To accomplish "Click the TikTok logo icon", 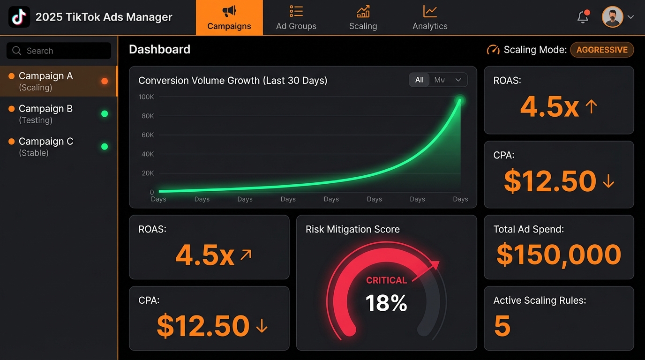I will point(19,17).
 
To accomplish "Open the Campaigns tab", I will point(229,18).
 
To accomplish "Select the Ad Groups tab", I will point(296,18).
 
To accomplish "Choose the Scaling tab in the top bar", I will point(363,18).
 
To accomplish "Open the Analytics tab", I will point(430,18).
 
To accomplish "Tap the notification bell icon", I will point(583,17).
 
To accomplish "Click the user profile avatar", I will point(612,17).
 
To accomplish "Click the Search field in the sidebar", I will point(59,51).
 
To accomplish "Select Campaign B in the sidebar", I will point(46,114).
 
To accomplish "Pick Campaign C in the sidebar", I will point(46,147).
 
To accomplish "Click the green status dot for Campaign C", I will point(105,147).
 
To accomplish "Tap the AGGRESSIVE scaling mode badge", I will point(602,50).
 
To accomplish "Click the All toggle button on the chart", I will point(419,80).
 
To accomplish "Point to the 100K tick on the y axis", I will point(146,97).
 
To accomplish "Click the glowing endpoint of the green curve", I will point(460,100).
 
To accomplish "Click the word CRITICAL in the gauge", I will point(386,280).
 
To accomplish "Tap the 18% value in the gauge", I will point(386,303).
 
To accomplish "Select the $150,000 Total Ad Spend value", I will point(559,254).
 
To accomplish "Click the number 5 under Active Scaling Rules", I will point(502,326).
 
